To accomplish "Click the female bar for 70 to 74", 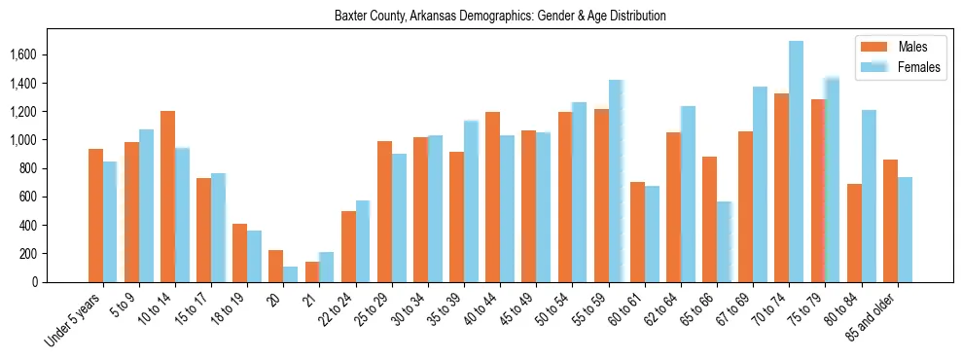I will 797,162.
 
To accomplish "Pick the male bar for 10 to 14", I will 167,197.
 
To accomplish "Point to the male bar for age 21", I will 312,271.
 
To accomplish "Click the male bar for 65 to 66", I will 709,219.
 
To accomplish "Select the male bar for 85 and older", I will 890,221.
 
